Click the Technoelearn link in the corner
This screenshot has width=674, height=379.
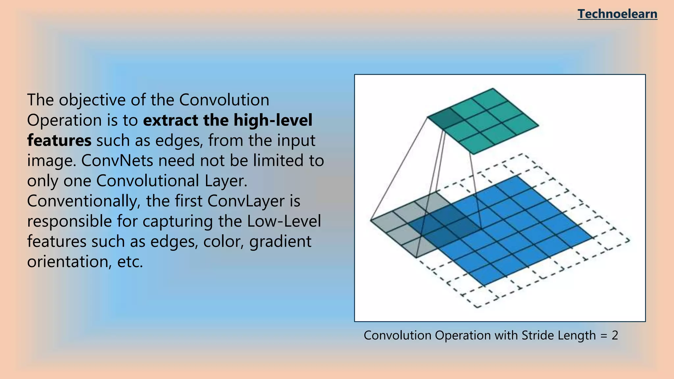click(x=617, y=14)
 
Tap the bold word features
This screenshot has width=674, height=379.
click(x=59, y=140)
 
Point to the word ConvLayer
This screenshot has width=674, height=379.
click(x=246, y=201)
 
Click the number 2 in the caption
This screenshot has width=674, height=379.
click(x=615, y=336)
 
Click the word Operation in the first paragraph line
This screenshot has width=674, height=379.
click(x=65, y=120)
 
